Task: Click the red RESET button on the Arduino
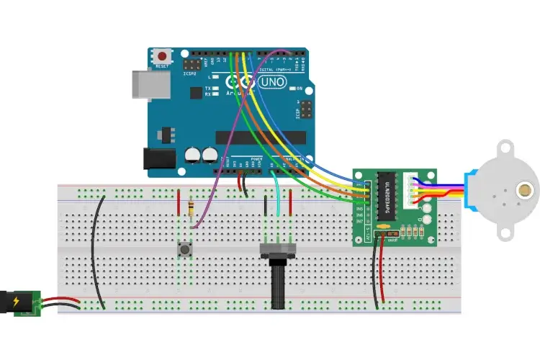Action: coord(163,55)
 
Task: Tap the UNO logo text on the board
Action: coord(275,83)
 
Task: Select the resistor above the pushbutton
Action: coord(190,209)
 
